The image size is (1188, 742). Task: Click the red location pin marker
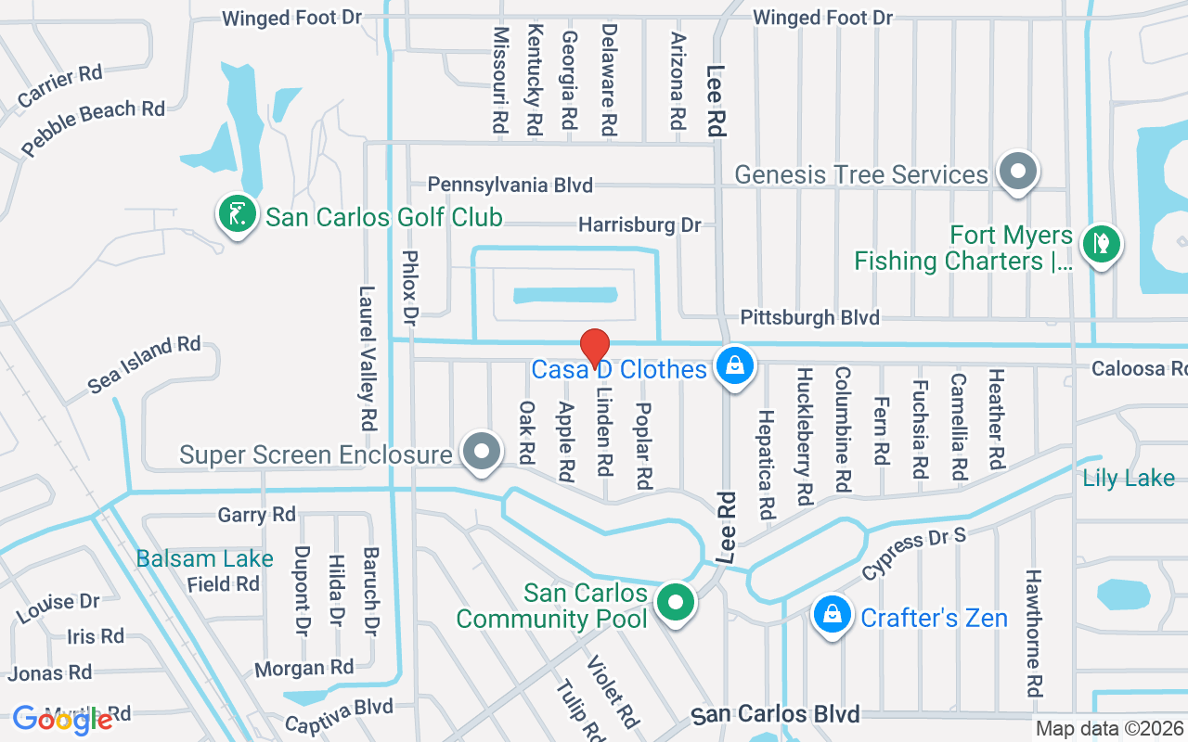tap(594, 348)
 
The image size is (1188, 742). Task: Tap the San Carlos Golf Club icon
tap(238, 215)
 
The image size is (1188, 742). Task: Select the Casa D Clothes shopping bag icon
tap(734, 366)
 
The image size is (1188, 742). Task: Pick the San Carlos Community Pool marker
tap(677, 603)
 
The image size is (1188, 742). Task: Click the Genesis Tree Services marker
tap(1018, 172)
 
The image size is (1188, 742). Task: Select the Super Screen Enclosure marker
tap(481, 453)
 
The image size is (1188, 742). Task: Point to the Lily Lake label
tap(1129, 479)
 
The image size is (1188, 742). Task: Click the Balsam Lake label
tap(204, 558)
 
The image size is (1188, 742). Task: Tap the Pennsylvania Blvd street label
tap(510, 185)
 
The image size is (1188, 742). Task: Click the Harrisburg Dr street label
tap(639, 224)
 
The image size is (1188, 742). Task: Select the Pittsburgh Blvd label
tap(809, 318)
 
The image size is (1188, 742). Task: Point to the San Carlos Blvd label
tap(776, 714)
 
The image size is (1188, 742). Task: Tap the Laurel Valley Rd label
tap(368, 357)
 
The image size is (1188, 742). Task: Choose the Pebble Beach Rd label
tap(93, 127)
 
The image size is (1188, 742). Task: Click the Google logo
tap(62, 719)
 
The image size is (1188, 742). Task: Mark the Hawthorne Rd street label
tap(1034, 633)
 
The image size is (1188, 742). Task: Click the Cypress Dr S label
tap(914, 554)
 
